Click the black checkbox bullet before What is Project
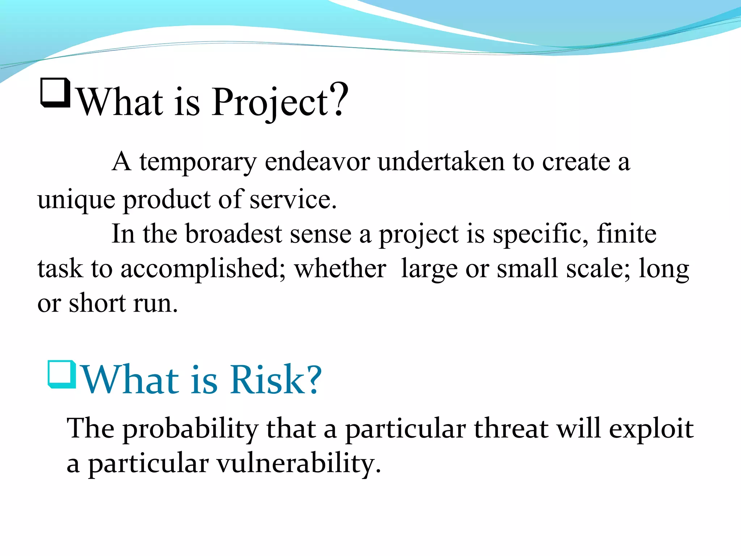tap(55, 93)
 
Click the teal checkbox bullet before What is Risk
tap(62, 374)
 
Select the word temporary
tap(198, 162)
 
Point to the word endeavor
tap(317, 161)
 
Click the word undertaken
tap(441, 161)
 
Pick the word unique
tap(76, 200)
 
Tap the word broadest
tap(234, 234)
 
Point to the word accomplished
tap(201, 269)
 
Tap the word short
tap(97, 303)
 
